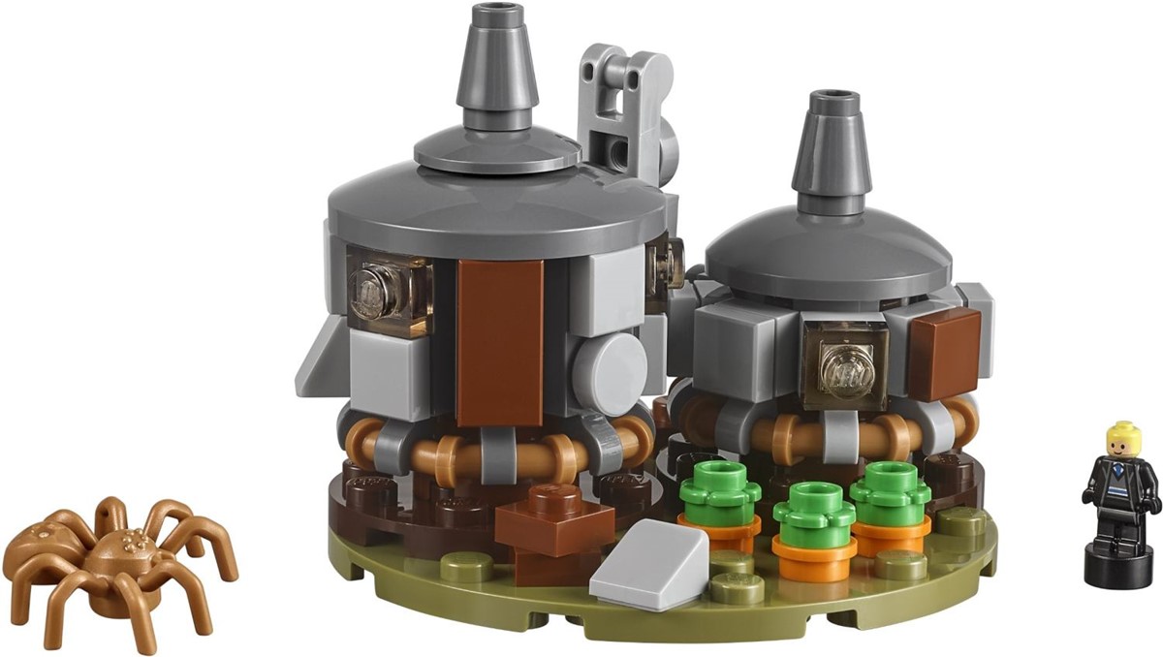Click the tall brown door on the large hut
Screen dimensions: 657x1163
tap(500, 339)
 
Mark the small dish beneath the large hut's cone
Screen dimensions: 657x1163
tap(498, 150)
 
